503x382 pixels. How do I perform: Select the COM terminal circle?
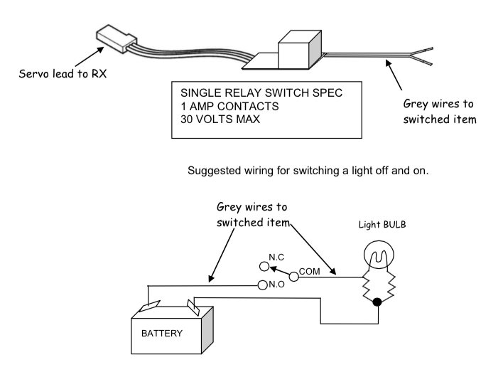[x=293, y=277]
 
